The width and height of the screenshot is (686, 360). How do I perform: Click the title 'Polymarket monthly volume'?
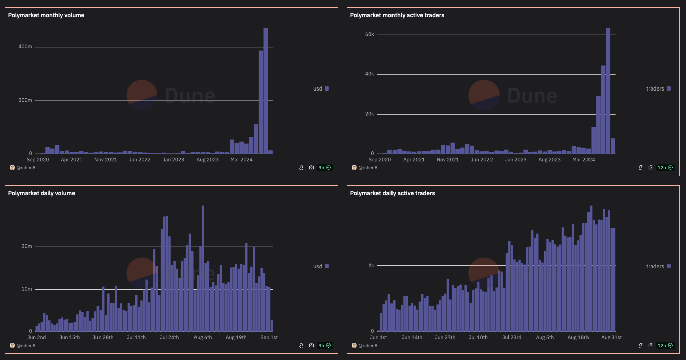(46, 15)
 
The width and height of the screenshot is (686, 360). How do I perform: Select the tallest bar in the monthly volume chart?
(266, 91)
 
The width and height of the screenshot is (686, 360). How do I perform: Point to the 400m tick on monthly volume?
(26, 47)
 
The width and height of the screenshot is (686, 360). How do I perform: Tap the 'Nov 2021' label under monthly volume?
(106, 160)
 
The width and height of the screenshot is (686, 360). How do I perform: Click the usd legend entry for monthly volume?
(321, 88)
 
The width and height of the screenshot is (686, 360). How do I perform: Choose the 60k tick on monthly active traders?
(369, 34)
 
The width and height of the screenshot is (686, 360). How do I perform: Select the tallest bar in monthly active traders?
(608, 91)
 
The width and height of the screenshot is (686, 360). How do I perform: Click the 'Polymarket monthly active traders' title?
(397, 15)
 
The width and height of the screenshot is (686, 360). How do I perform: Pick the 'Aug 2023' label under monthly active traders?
(549, 160)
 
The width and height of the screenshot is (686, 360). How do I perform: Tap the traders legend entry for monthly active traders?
(658, 88)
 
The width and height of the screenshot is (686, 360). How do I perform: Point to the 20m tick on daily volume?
(27, 246)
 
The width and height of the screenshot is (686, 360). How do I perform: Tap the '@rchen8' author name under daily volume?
(25, 346)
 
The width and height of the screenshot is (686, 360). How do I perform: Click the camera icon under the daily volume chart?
(311, 346)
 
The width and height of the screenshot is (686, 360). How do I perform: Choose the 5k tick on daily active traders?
(371, 265)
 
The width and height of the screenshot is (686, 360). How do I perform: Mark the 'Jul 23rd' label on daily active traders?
(512, 337)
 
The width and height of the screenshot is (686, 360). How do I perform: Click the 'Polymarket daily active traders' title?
(393, 193)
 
